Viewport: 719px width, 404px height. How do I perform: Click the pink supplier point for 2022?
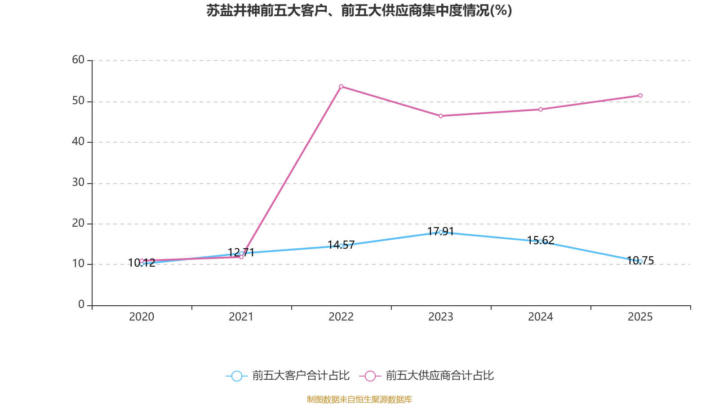click(x=341, y=86)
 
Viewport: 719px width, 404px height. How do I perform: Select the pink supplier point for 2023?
click(x=441, y=116)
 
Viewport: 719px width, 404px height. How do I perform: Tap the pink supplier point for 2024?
click(x=541, y=109)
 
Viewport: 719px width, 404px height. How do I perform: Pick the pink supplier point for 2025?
click(x=640, y=95)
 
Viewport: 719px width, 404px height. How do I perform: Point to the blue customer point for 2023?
click(x=441, y=232)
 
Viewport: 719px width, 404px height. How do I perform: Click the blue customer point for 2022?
click(x=341, y=246)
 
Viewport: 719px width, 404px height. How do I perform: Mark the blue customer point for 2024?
click(x=541, y=242)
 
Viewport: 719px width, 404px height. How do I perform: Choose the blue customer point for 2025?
click(x=640, y=261)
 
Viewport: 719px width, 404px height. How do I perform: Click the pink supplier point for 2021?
click(x=241, y=257)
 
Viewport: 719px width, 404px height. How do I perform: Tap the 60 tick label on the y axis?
click(x=78, y=60)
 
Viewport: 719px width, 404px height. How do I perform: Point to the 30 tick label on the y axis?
click(x=78, y=182)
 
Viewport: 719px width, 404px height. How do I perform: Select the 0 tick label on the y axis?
click(x=81, y=305)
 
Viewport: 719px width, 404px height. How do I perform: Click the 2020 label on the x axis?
click(x=142, y=317)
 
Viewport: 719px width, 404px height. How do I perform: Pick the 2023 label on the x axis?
click(x=441, y=317)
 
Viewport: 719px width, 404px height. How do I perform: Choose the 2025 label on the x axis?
click(x=640, y=317)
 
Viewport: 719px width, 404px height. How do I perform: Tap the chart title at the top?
click(x=359, y=10)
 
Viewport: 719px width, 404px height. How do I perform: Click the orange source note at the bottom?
click(x=359, y=399)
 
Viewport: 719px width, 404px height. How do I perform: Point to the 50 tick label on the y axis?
click(x=78, y=101)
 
